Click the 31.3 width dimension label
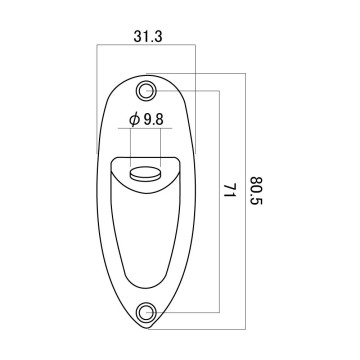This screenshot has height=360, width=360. point(148,37)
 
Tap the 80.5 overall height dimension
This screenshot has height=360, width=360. point(257,191)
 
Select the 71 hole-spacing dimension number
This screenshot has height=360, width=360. point(229,190)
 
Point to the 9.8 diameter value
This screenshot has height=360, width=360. point(154,120)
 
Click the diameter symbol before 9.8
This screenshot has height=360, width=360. point(135,120)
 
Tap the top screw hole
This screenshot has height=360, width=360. point(146,90)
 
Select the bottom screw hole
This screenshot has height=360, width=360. point(146,312)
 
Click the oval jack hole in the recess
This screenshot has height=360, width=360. point(145,174)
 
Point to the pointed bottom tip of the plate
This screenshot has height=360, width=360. point(147,328)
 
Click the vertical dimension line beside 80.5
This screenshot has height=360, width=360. point(246,201)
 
